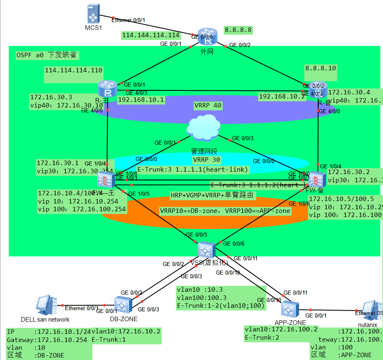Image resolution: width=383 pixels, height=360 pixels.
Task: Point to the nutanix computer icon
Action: (x=371, y=310)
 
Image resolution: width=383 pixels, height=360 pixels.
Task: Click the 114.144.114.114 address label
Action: (x=151, y=36)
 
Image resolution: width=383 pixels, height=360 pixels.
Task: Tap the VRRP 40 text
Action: (x=208, y=105)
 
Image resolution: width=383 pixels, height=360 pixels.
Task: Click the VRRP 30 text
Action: (x=206, y=160)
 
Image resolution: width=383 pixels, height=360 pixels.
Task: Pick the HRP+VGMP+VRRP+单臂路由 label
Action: (x=213, y=196)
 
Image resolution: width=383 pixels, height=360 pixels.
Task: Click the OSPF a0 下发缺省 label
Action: (x=46, y=55)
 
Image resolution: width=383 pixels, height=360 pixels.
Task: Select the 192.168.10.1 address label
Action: (x=141, y=99)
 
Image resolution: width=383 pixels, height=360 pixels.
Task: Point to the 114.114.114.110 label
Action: (x=74, y=70)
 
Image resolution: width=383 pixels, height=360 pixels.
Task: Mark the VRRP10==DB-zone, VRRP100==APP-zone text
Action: (x=225, y=211)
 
